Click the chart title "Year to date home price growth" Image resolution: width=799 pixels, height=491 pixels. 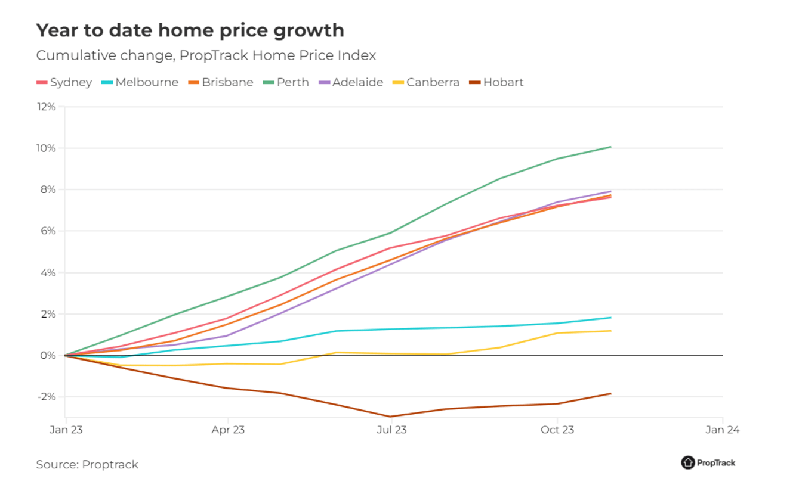point(190,30)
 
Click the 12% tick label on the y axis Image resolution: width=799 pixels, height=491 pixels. point(46,107)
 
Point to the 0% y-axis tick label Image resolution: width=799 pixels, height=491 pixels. point(48,356)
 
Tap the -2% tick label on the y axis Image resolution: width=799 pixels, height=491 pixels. point(47,397)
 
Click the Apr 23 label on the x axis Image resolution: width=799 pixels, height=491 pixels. point(229,430)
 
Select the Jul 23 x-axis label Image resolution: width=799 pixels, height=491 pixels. point(391,430)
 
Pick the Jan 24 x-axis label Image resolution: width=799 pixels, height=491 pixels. point(723,430)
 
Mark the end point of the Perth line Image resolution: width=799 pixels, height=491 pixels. point(610,147)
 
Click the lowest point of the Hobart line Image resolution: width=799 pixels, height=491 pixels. point(391,417)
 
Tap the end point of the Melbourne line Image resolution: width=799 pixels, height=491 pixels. point(610,318)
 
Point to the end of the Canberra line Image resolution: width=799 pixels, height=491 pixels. point(610,331)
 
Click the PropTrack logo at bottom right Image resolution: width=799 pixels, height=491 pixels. point(708,462)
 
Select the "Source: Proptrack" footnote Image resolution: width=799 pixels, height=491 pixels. point(87,465)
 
